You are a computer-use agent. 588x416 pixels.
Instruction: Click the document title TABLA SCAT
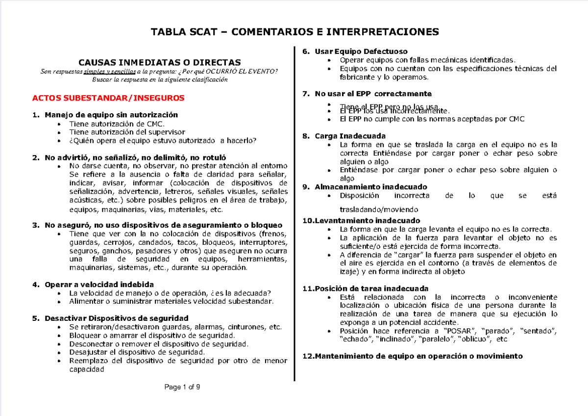(294, 32)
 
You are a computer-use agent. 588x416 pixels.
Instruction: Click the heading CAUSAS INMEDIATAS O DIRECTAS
(160, 62)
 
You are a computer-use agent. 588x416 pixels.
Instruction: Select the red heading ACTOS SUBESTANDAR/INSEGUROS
(108, 98)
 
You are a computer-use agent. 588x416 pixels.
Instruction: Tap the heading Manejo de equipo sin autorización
(111, 115)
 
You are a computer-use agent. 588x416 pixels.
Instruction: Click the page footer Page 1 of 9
(182, 388)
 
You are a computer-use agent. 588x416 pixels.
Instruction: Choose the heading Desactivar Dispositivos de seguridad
(116, 318)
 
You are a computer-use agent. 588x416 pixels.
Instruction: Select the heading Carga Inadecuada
(350, 136)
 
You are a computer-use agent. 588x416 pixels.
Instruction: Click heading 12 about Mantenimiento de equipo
(413, 356)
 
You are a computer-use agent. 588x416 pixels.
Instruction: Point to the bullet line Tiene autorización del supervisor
(127, 132)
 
